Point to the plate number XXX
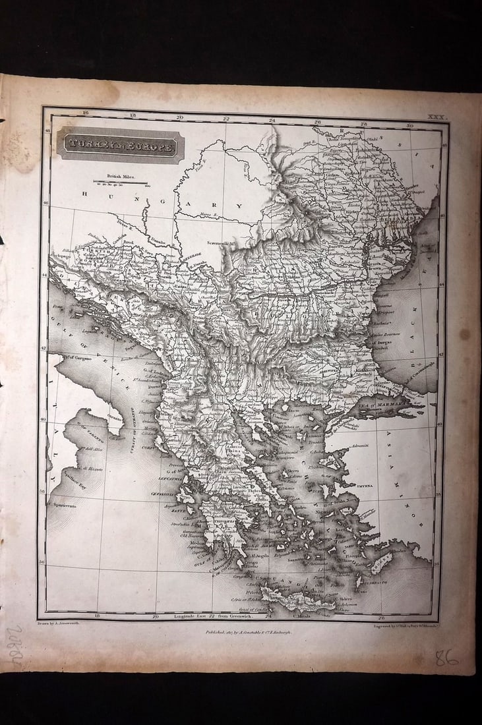437,117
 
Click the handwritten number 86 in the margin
446,657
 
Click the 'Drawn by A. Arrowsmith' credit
59,623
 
